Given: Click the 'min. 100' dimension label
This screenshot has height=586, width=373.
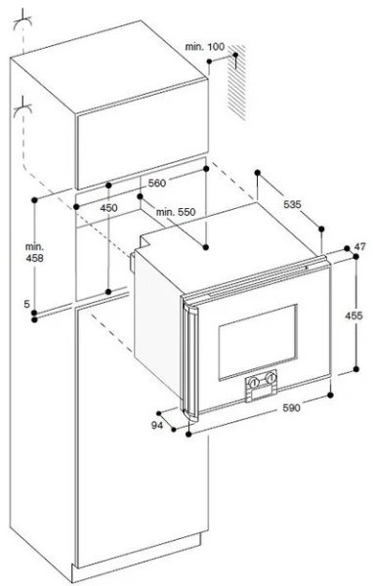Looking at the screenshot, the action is click(x=205, y=47).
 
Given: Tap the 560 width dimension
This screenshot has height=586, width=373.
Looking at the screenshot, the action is click(x=157, y=184).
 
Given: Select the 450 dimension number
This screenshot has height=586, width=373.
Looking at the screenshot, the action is click(x=108, y=208).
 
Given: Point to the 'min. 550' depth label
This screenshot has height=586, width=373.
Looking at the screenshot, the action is click(x=176, y=212).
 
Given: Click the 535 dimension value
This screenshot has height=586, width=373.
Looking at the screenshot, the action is click(x=292, y=204).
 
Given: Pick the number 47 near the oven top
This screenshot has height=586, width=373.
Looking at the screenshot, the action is click(x=360, y=247).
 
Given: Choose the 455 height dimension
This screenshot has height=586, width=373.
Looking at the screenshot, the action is click(x=353, y=315).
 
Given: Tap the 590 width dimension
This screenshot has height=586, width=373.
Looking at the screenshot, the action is click(x=291, y=407).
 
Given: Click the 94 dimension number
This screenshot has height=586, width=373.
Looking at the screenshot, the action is click(x=157, y=425).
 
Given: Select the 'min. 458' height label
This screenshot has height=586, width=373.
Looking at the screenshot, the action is click(x=34, y=252).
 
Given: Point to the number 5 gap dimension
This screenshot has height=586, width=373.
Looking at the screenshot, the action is click(x=26, y=304).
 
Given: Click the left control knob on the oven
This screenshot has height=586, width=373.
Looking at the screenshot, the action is click(x=254, y=382).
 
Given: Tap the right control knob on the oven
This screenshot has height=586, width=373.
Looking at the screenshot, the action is click(x=269, y=378).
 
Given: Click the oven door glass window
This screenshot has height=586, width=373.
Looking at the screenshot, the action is click(x=258, y=342).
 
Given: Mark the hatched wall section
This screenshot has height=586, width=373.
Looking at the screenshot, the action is click(x=237, y=82).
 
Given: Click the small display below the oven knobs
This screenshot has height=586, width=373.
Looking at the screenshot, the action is click(x=262, y=392).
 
